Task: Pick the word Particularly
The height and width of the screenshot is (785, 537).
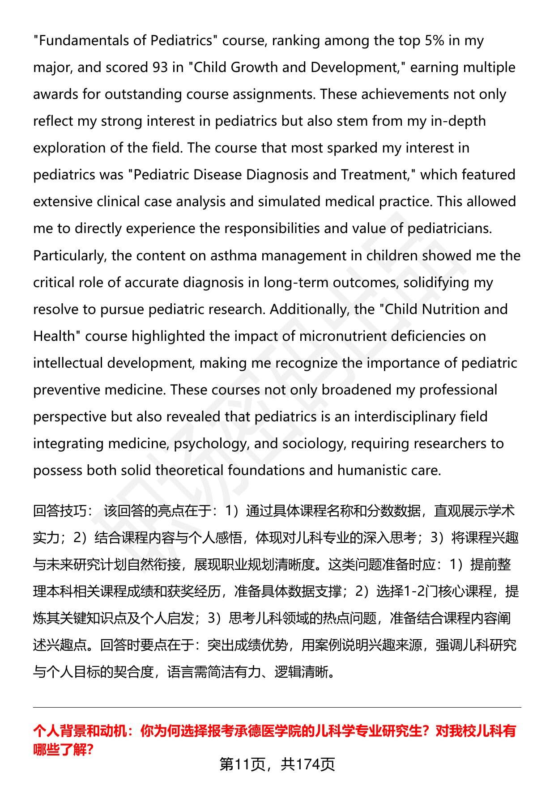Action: pos(68,256)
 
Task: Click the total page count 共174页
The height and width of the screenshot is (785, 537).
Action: pos(308,764)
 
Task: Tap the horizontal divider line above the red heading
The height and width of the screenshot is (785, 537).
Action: pos(277,708)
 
